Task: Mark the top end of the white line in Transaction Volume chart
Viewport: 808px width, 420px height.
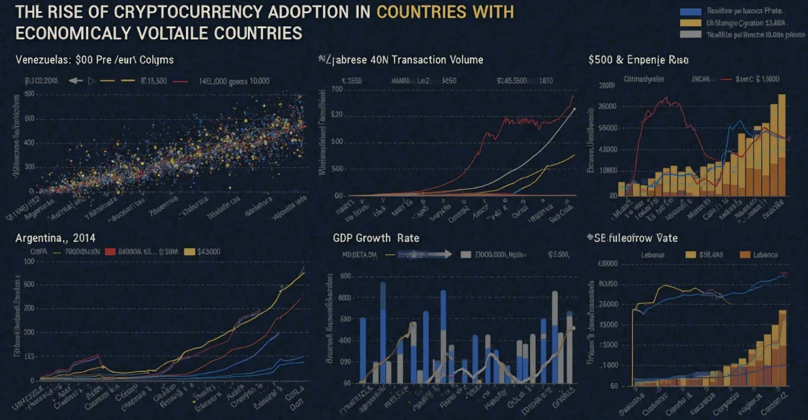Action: click(x=575, y=108)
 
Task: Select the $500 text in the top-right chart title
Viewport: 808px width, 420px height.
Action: click(x=599, y=60)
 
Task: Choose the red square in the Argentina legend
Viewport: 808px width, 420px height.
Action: click(x=108, y=252)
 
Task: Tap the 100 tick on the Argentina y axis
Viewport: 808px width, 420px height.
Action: click(x=28, y=262)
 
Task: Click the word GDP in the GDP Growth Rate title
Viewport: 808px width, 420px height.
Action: click(x=346, y=238)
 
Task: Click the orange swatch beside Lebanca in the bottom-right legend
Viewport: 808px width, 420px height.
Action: click(x=744, y=255)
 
